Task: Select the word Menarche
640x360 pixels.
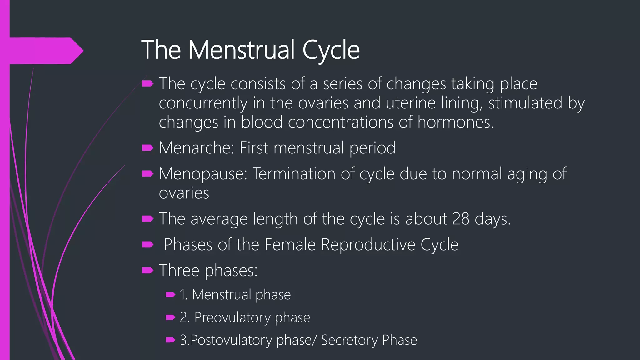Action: tap(196, 148)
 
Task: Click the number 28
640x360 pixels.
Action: tap(461, 219)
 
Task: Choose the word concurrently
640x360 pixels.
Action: tap(203, 103)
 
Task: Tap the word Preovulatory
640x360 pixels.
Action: tap(232, 317)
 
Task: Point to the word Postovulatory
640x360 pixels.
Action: tap(231, 340)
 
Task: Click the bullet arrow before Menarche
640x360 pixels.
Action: tap(147, 147)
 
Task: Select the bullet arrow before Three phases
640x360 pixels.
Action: tap(147, 270)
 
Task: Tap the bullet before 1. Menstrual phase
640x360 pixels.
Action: tap(170, 295)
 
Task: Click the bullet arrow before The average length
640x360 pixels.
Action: tap(147, 219)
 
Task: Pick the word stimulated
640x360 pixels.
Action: tap(525, 103)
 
